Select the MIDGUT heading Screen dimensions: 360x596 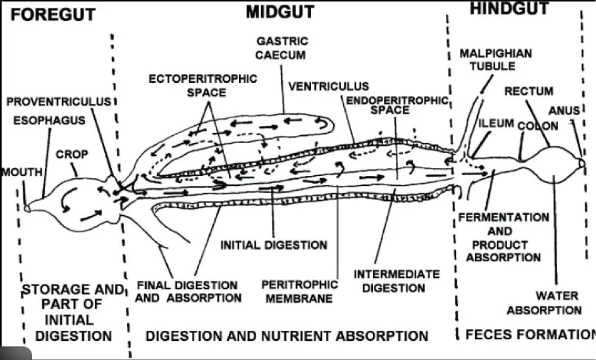(x=281, y=12)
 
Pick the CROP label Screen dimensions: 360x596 (x=72, y=154)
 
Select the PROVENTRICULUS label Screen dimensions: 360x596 (x=58, y=101)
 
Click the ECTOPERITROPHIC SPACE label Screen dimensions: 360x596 (x=203, y=85)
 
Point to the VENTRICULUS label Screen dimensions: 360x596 (x=328, y=87)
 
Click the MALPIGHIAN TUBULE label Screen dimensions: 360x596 (x=495, y=60)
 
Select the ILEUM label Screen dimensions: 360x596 (x=496, y=123)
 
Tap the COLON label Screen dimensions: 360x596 (x=538, y=126)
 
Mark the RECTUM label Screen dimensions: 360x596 (x=529, y=91)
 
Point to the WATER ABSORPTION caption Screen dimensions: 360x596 (x=558, y=303)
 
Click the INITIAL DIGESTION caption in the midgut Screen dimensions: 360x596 (x=274, y=245)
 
